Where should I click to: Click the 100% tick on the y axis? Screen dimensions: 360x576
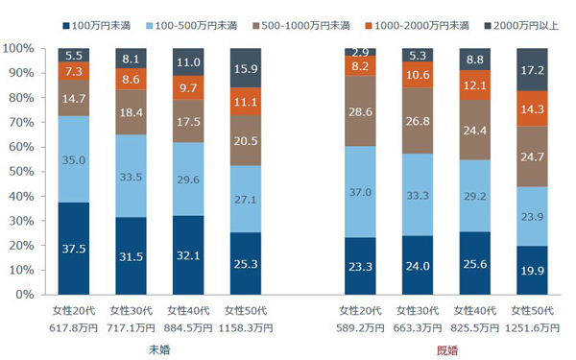click(x=19, y=48)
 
